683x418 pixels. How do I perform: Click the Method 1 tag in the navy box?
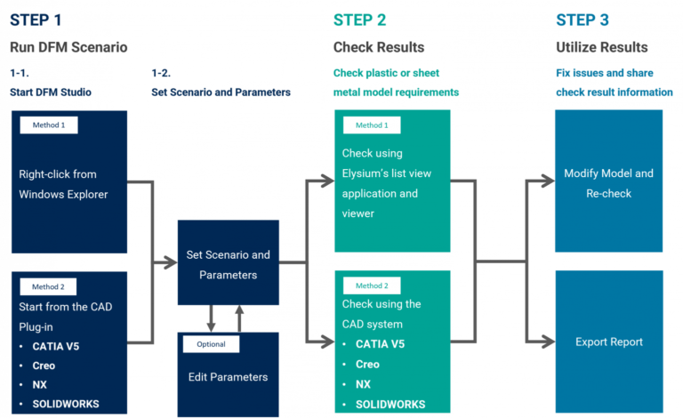[49, 125]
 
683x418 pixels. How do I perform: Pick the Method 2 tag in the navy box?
[49, 286]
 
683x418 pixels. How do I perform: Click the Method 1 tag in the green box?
[372, 125]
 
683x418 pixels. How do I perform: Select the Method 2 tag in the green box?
[372, 285]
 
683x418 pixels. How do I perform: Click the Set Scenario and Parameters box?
[228, 264]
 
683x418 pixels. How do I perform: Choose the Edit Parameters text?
[228, 377]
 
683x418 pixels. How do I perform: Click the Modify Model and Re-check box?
[608, 182]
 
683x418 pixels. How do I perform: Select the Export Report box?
[608, 342]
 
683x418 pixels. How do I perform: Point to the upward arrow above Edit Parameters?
[238, 316]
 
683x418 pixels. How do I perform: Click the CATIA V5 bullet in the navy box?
[56, 347]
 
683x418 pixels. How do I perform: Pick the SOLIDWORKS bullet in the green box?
[390, 405]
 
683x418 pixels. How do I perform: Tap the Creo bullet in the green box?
[367, 365]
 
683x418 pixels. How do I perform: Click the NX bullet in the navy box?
[40, 385]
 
